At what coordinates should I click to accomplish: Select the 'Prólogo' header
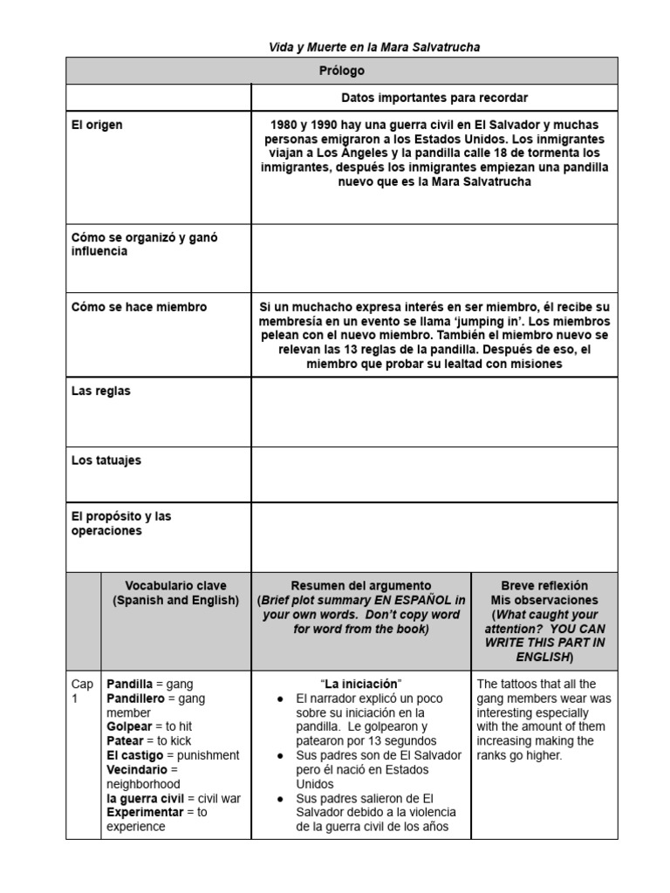click(341, 71)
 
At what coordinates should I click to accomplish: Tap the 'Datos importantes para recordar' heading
click(434, 98)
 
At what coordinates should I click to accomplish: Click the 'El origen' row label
click(97, 125)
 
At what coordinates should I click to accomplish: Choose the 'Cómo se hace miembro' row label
click(139, 307)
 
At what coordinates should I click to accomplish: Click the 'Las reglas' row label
click(100, 391)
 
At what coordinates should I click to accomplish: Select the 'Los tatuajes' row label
click(106, 460)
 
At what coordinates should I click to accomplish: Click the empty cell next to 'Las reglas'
click(434, 412)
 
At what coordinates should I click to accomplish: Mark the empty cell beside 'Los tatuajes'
click(434, 474)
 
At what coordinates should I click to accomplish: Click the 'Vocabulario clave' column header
click(175, 586)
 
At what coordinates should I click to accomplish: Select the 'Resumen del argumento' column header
click(361, 586)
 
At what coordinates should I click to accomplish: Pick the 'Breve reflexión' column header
click(544, 586)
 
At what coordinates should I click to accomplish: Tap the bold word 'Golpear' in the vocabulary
click(129, 726)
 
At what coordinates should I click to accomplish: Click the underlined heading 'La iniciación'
click(361, 683)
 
